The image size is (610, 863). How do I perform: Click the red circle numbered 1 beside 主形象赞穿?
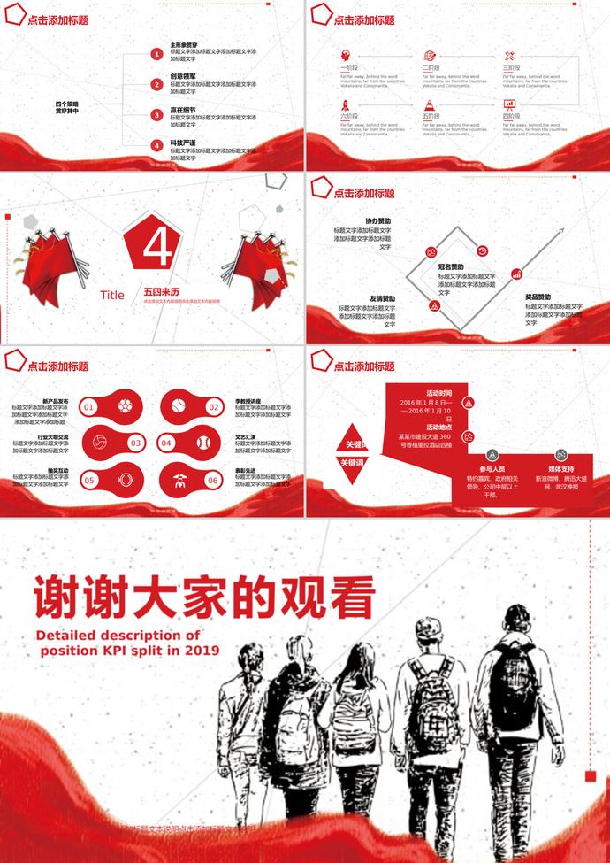[x=156, y=54]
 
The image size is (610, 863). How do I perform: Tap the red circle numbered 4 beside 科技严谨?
[x=156, y=144]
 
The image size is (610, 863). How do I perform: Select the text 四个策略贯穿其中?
[x=67, y=107]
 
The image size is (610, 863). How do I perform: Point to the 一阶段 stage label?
[x=348, y=67]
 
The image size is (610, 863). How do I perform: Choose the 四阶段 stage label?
[x=510, y=116]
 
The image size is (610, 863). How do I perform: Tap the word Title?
[x=112, y=296]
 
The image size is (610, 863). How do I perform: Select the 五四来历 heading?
[x=161, y=290]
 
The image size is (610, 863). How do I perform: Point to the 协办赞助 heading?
[x=377, y=220]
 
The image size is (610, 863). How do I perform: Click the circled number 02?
[x=213, y=407]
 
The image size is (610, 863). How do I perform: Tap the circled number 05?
[x=88, y=480]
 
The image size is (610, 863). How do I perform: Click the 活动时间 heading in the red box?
[x=439, y=393]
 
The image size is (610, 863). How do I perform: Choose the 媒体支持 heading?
[x=560, y=468]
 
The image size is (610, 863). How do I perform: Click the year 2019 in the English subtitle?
[x=202, y=649]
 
